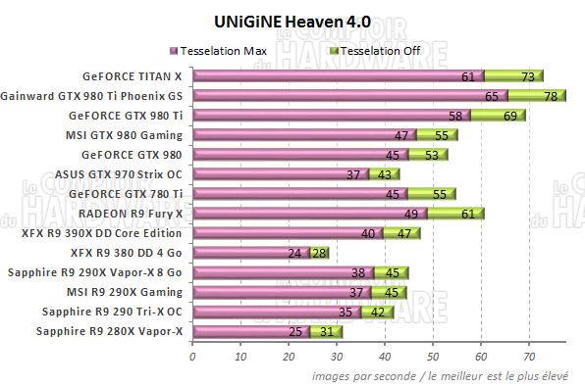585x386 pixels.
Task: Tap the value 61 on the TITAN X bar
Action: [x=468, y=76]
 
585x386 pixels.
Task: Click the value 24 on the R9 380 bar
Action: [x=293, y=253]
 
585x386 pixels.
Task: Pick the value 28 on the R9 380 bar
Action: [x=317, y=253]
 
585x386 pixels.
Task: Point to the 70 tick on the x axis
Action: [x=529, y=357]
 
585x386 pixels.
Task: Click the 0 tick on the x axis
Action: [x=192, y=357]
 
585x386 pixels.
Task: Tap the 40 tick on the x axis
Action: [x=385, y=357]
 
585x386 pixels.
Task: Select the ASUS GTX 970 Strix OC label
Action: [x=119, y=173]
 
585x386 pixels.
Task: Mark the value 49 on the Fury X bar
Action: [x=411, y=214]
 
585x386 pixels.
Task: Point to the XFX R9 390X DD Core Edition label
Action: [x=101, y=233]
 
